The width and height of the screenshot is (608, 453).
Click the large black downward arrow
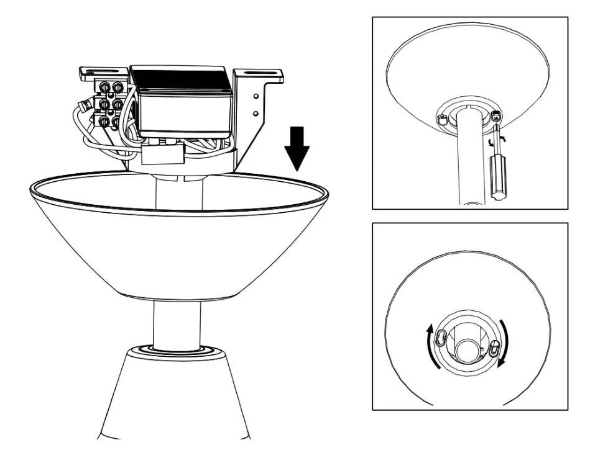[x=298, y=149]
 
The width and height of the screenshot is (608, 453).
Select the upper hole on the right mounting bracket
[x=256, y=97]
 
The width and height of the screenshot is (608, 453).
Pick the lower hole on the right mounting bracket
[x=256, y=114]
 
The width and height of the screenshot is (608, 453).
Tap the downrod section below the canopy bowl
[x=177, y=323]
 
